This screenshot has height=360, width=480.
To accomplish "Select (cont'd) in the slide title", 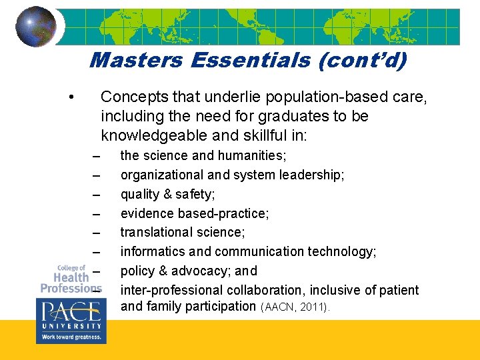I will click(363, 61).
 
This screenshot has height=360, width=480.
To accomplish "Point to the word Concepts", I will click(132, 97).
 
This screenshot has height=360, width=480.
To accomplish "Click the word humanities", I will click(252, 155).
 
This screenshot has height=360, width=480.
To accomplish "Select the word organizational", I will click(160, 175).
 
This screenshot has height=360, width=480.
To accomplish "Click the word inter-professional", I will click(171, 290).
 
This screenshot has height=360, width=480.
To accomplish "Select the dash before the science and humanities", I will click(97, 156).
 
